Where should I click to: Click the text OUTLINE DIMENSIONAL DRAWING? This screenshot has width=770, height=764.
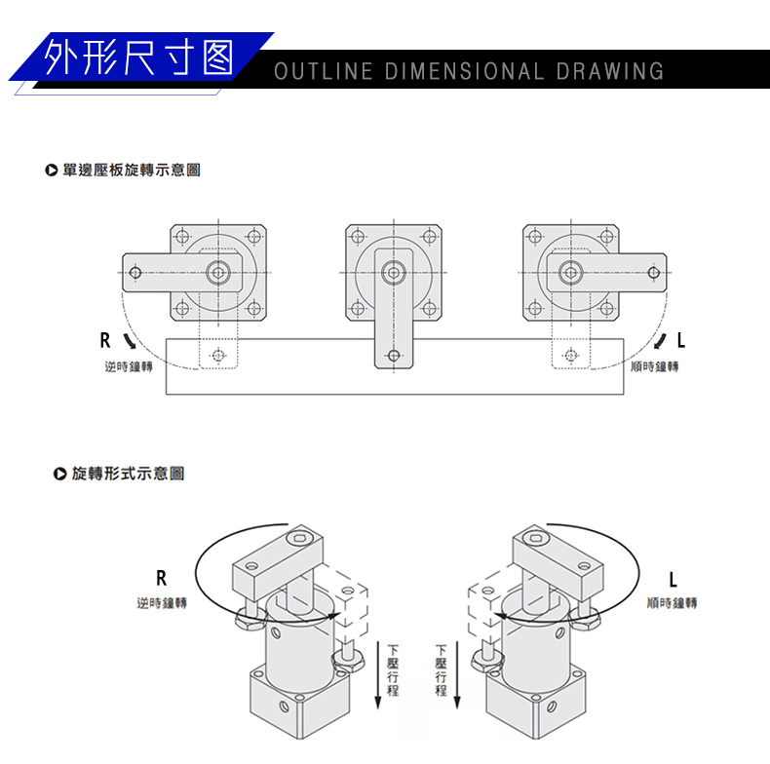(469, 71)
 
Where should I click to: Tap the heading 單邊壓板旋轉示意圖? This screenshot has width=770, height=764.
(131, 170)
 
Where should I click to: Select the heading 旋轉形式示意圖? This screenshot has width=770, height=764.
(128, 474)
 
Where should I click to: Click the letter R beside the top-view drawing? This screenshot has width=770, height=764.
(105, 341)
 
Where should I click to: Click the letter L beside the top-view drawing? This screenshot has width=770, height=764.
(681, 341)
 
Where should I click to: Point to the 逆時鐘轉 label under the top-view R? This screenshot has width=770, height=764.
(129, 366)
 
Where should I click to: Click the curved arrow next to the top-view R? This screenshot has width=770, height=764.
(131, 341)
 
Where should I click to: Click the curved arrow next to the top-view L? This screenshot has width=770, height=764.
(661, 341)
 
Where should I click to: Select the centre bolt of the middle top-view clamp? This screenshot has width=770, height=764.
(394, 272)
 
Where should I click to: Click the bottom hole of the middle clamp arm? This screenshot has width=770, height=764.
(394, 356)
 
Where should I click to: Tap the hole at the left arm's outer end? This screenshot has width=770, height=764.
(135, 272)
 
